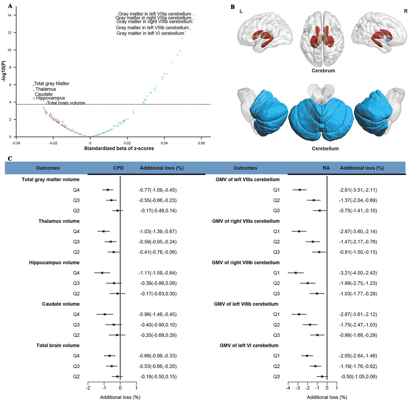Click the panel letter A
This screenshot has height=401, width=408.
(x=10, y=6)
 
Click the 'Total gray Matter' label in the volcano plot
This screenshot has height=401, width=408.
(x=52, y=84)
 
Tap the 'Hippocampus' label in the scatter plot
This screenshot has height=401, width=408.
(x=51, y=98)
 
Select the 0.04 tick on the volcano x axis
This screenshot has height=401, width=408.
(x=164, y=143)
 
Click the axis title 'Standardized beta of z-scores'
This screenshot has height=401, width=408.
(x=119, y=149)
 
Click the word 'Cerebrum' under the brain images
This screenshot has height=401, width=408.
(x=323, y=71)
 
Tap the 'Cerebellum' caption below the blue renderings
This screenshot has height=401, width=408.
(x=325, y=149)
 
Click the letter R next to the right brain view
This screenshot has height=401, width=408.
(x=405, y=11)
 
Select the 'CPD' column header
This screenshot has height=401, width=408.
(x=118, y=168)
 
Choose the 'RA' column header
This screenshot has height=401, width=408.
(x=326, y=168)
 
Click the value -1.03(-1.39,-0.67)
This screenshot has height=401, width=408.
(x=157, y=231)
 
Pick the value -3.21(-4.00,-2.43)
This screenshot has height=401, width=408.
(x=358, y=273)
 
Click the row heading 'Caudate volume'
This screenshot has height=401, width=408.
(x=61, y=304)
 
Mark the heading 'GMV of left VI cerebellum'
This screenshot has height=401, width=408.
(x=249, y=346)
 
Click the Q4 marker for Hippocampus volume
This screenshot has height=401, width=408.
(x=102, y=273)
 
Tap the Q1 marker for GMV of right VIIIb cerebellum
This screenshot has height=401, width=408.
(x=296, y=273)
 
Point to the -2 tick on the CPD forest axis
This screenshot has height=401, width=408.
(x=88, y=388)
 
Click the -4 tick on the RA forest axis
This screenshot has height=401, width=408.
(x=288, y=388)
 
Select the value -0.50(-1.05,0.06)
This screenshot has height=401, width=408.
(x=359, y=376)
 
